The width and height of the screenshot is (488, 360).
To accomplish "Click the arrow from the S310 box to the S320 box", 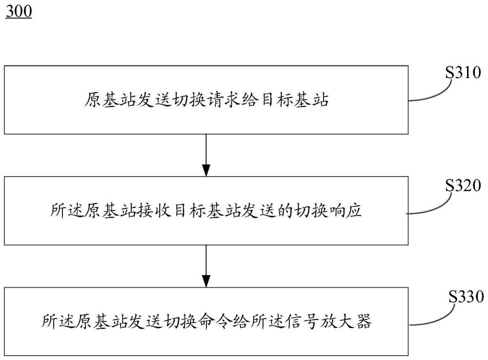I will pos(206,155).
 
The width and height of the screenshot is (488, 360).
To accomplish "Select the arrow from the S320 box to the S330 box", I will pos(206,266).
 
